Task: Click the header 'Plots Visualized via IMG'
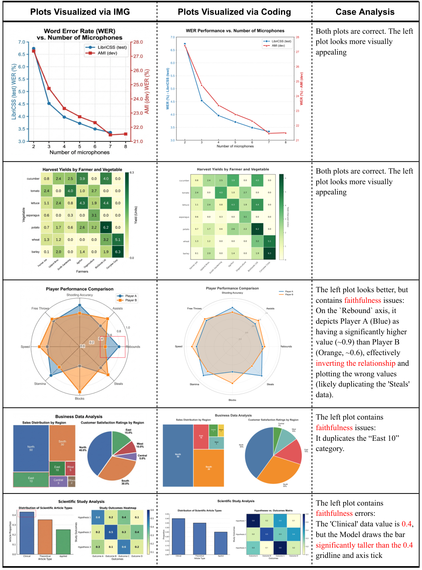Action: (x=80, y=12)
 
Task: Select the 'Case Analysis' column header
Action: (x=365, y=12)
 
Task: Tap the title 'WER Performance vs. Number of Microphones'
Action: (x=235, y=31)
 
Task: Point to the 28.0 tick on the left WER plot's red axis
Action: (x=138, y=42)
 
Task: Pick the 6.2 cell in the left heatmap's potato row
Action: (x=106, y=227)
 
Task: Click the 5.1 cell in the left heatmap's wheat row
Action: (x=118, y=240)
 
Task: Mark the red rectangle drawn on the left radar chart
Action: (x=113, y=347)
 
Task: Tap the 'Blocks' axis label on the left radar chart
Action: (x=80, y=398)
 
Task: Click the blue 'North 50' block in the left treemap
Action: (x=31, y=448)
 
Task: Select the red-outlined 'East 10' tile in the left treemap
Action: (x=31, y=479)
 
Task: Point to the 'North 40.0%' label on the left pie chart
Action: (x=83, y=449)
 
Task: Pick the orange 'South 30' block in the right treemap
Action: (x=209, y=468)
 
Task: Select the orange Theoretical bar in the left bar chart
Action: (x=45, y=537)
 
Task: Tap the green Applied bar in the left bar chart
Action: (x=63, y=542)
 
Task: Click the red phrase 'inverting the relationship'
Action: (x=355, y=363)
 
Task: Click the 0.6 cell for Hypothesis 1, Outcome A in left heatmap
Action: (x=98, y=517)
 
